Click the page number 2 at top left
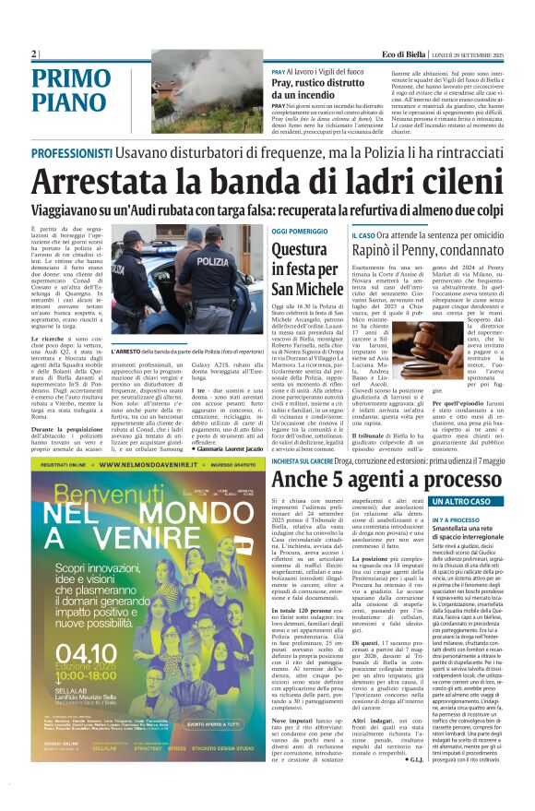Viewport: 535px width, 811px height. click(x=34, y=54)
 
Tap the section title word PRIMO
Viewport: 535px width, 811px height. click(x=67, y=78)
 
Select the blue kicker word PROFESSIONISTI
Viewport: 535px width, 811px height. click(x=75, y=153)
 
